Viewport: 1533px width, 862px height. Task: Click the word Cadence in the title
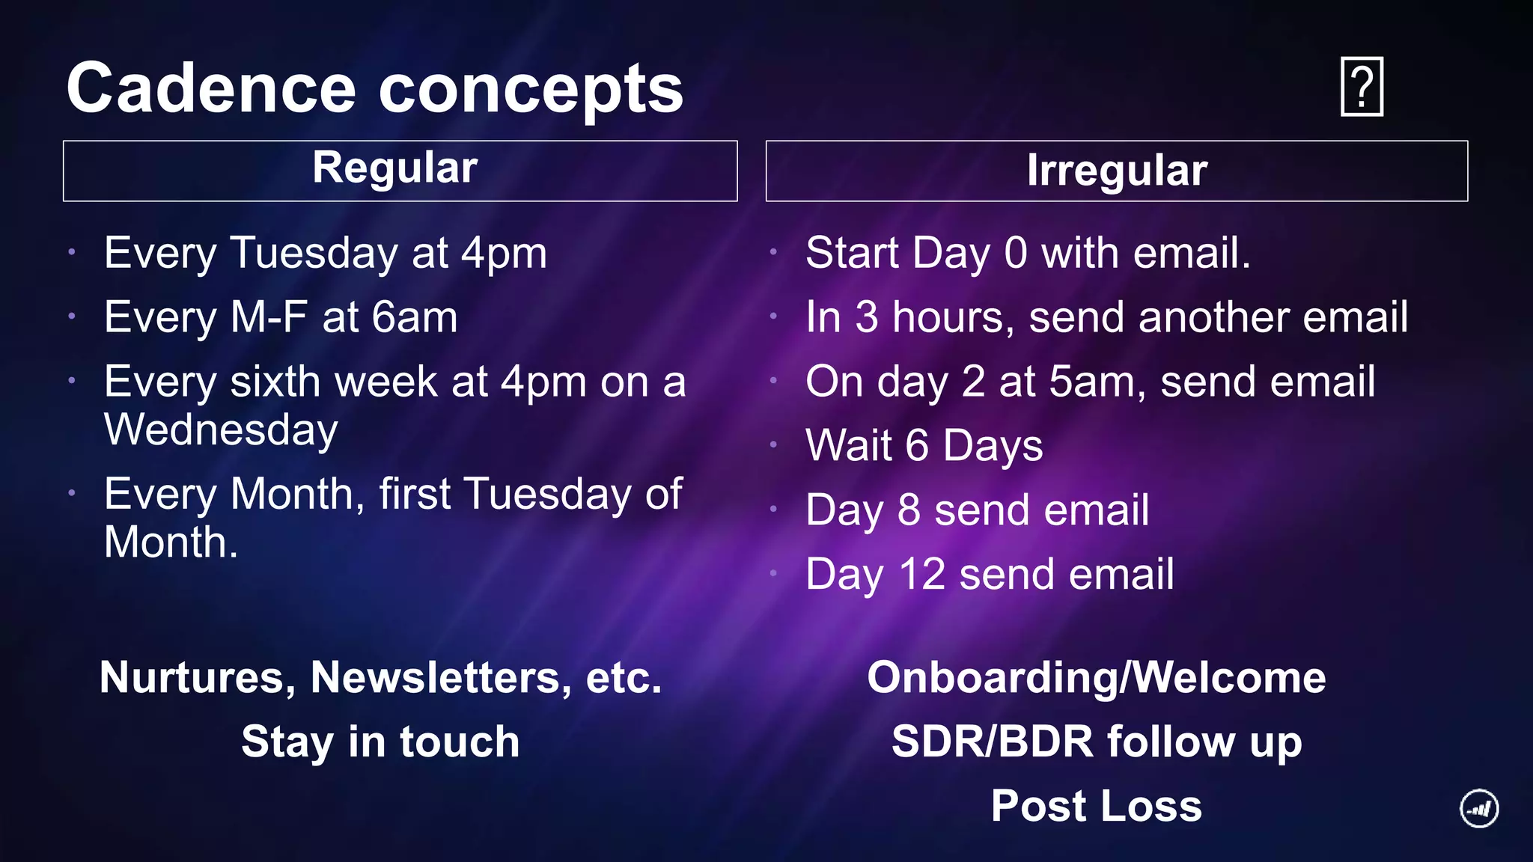(211, 88)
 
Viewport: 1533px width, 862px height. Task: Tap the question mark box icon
(1362, 87)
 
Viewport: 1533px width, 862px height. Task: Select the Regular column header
(394, 168)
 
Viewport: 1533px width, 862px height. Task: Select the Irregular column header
(1116, 171)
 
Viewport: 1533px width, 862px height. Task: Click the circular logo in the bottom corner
(1479, 809)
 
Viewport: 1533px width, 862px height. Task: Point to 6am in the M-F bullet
(415, 317)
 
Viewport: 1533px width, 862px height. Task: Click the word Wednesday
(221, 430)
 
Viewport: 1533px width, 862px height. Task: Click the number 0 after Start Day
(1016, 253)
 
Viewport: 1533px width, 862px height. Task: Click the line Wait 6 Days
(924, 446)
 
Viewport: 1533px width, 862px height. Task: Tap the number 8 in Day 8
(908, 510)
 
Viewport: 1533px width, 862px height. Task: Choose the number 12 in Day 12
(921, 575)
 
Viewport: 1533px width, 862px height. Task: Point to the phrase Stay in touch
(380, 742)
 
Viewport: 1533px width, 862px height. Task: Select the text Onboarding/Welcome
(1096, 678)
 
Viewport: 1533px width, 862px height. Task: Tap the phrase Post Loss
(1096, 807)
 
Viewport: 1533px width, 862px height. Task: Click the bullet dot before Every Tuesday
(72, 252)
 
